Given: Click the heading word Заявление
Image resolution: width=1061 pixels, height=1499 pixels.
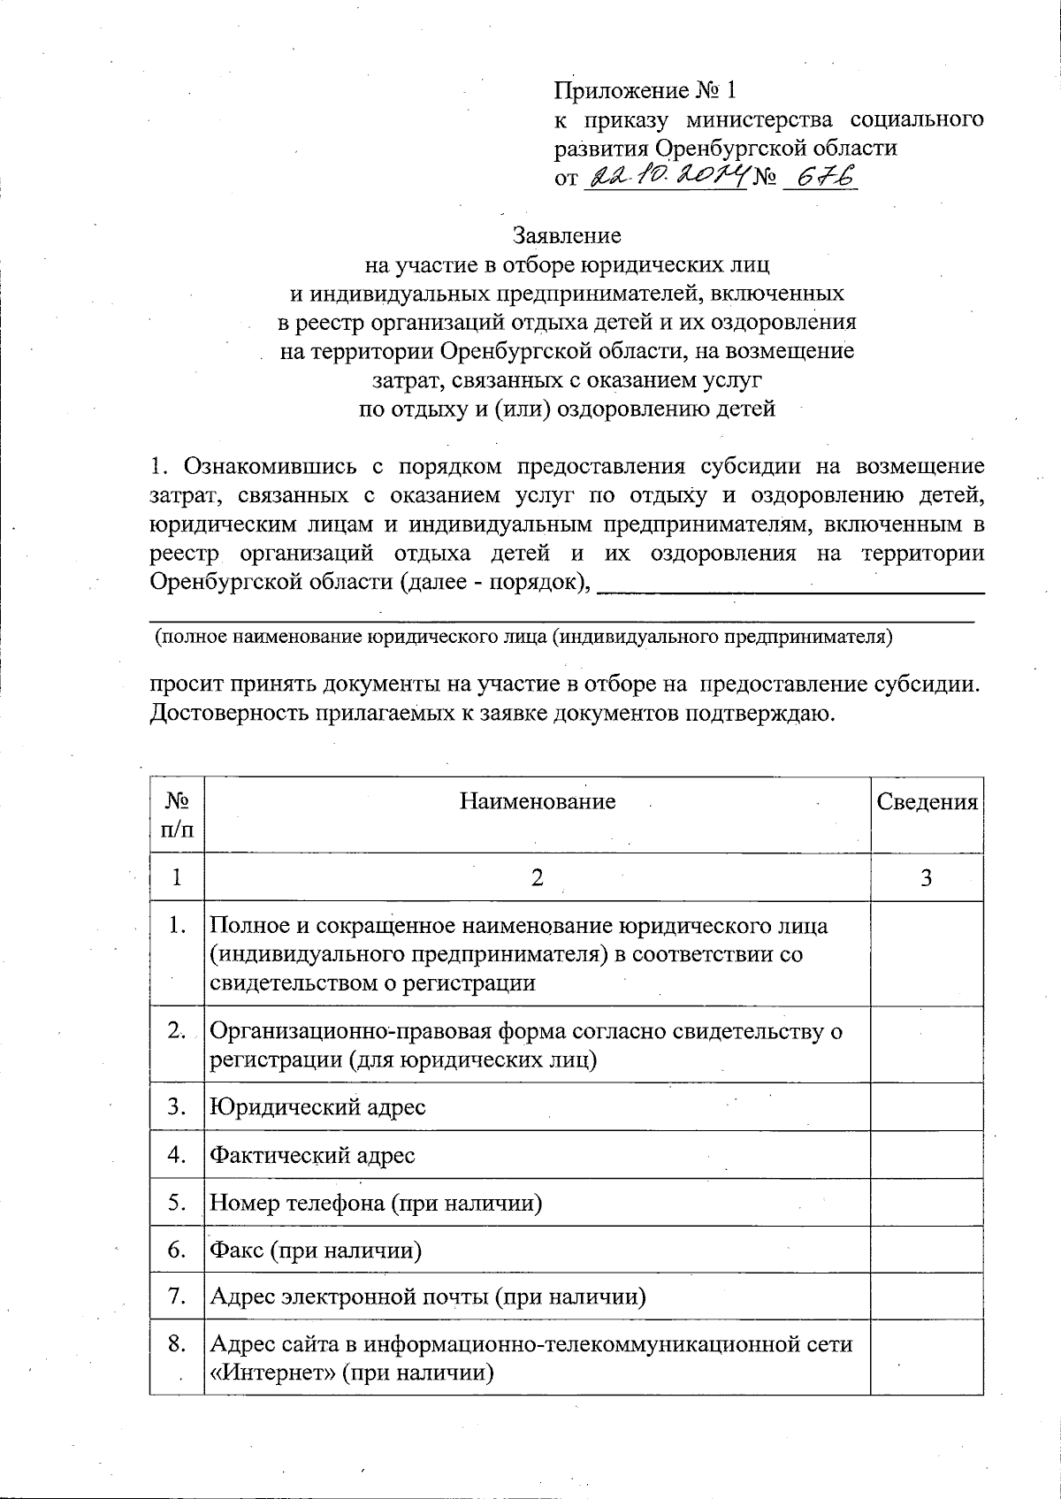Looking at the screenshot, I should click(567, 236).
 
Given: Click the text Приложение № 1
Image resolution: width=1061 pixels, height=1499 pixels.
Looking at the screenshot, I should click(645, 90).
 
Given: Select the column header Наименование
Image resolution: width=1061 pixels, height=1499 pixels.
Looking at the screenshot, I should click(537, 801).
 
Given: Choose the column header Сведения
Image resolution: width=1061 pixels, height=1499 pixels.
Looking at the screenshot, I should click(927, 801).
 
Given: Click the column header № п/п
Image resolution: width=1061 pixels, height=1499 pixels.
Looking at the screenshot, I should click(177, 815).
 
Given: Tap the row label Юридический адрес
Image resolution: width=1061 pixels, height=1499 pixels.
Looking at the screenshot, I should click(317, 1106).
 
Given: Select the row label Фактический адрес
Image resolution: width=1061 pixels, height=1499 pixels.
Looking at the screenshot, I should click(312, 1154).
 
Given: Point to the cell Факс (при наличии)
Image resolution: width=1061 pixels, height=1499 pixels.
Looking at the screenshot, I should click(315, 1250).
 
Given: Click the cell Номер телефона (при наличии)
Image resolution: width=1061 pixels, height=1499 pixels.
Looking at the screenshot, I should click(376, 1203).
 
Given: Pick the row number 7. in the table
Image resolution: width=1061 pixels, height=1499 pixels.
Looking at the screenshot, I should click(177, 1296).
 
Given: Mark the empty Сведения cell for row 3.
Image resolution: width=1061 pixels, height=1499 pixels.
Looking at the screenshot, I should click(927, 1106).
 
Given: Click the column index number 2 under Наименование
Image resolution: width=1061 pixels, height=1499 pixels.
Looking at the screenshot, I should click(537, 877).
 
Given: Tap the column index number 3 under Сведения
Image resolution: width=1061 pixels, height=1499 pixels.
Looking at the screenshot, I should click(927, 877).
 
